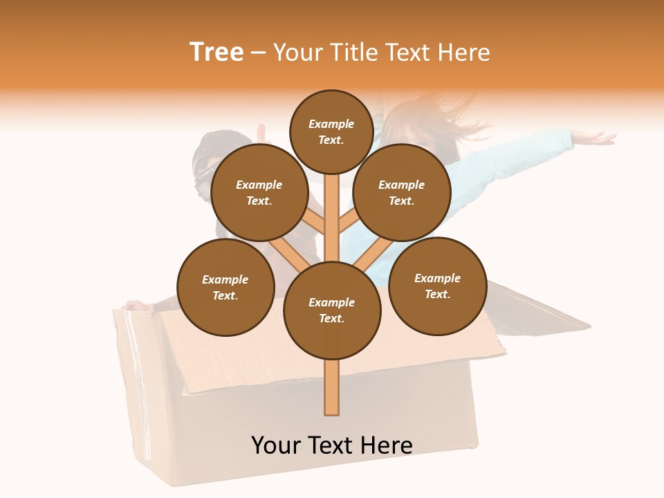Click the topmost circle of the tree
point(331,131)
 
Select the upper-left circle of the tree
point(259,192)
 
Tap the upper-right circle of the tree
point(402,192)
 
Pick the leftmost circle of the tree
point(225,287)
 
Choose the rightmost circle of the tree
point(437,286)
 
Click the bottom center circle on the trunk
point(332,310)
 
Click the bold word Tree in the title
point(216,52)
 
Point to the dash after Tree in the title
point(259,53)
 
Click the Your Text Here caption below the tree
point(332,445)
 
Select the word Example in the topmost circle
point(331,124)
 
